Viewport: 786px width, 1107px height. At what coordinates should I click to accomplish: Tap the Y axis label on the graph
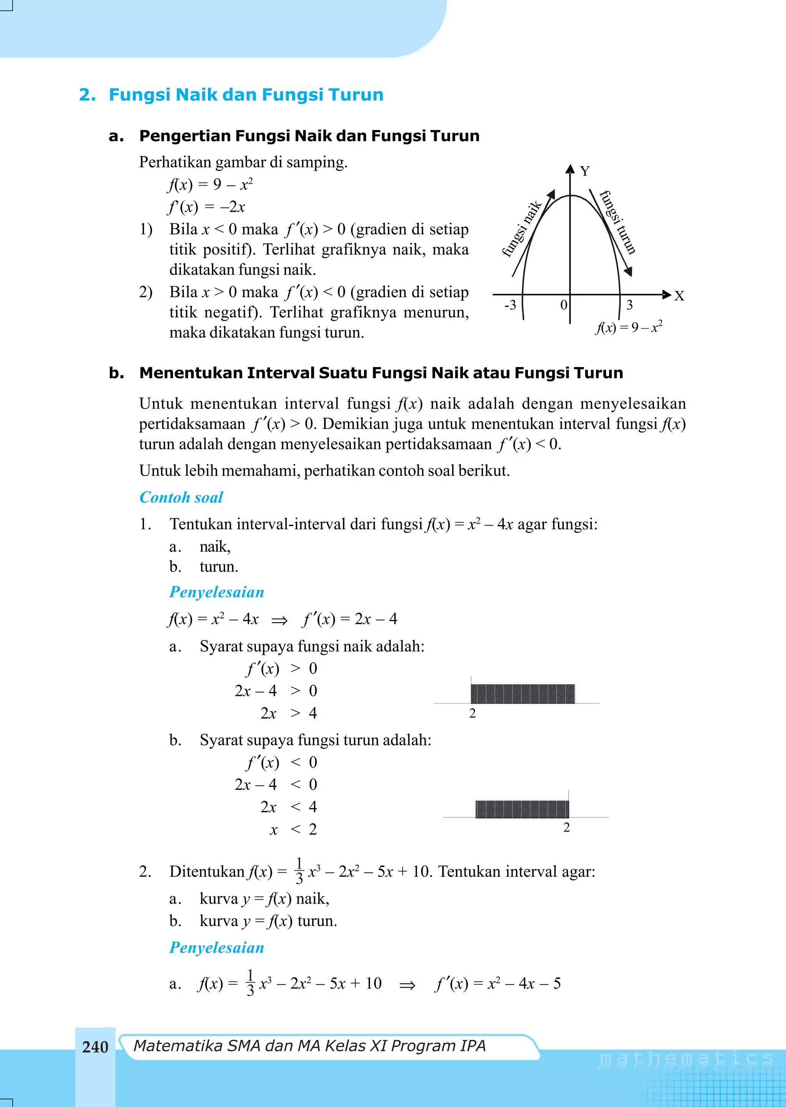click(585, 171)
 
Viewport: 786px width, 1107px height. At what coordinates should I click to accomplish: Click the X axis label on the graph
click(679, 296)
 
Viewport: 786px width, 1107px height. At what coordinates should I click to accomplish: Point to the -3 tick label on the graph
click(510, 305)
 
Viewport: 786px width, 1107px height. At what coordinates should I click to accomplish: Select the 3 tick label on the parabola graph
click(629, 305)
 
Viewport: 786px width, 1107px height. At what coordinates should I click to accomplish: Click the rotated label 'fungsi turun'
click(618, 222)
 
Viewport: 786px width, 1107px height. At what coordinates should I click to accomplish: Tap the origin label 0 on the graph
click(563, 305)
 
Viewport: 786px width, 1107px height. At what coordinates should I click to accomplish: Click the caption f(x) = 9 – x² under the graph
click(628, 328)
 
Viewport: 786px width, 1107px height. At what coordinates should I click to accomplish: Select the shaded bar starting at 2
click(522, 694)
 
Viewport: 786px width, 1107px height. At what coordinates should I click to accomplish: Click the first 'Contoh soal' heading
click(181, 497)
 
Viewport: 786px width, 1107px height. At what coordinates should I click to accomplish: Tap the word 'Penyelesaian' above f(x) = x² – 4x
click(216, 592)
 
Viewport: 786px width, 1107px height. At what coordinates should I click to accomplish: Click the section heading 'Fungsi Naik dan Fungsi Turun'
click(246, 94)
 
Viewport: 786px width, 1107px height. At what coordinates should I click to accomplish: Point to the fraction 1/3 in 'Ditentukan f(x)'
click(299, 871)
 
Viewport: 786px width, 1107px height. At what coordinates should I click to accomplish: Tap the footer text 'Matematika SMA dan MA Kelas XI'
click(309, 1046)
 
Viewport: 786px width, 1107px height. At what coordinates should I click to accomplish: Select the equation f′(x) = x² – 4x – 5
click(498, 983)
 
